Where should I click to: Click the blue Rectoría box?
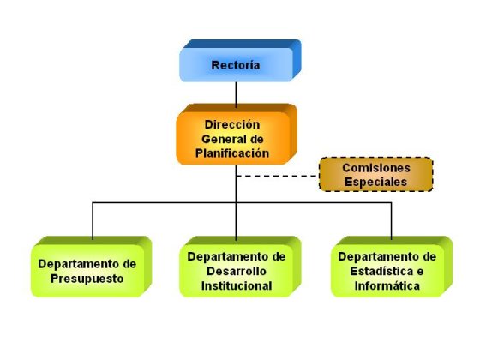click(x=240, y=61)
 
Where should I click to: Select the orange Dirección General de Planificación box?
click(x=237, y=134)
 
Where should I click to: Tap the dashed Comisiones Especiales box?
click(x=376, y=175)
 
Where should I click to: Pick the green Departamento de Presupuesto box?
click(x=91, y=267)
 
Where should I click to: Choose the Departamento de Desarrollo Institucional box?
click(x=240, y=267)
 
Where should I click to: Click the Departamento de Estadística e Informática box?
click(x=392, y=267)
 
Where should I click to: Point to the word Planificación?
click(x=232, y=153)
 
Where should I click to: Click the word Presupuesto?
click(x=87, y=279)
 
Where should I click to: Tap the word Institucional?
click(x=237, y=286)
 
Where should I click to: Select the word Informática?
click(x=387, y=286)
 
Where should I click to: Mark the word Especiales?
click(x=376, y=182)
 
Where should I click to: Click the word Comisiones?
click(x=376, y=168)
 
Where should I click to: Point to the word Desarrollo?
click(x=237, y=271)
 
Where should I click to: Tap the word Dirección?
click(x=232, y=124)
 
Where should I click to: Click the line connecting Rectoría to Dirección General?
click(x=236, y=94)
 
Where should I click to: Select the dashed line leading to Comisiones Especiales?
click(x=278, y=176)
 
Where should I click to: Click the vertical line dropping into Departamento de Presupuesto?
click(x=93, y=221)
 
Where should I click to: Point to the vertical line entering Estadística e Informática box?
click(x=391, y=221)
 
